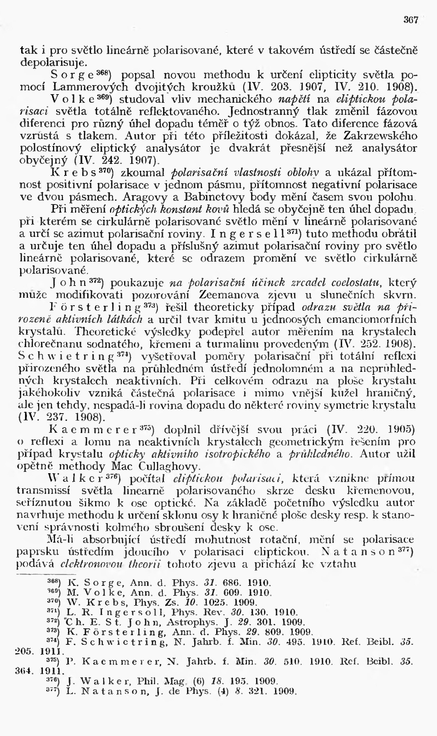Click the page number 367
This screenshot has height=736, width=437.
411,20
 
